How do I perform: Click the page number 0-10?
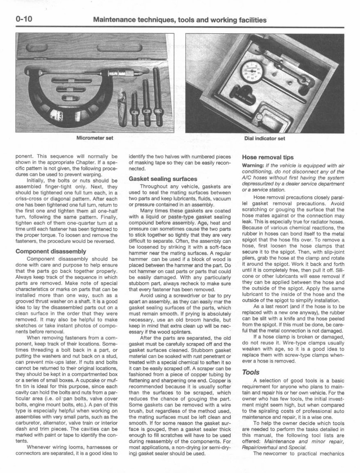point(23,20)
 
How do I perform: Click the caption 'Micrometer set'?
point(95,138)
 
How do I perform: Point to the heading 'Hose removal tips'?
point(268,157)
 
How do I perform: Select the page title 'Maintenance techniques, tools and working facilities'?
point(180,20)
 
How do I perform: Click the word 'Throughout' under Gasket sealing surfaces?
point(154,187)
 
